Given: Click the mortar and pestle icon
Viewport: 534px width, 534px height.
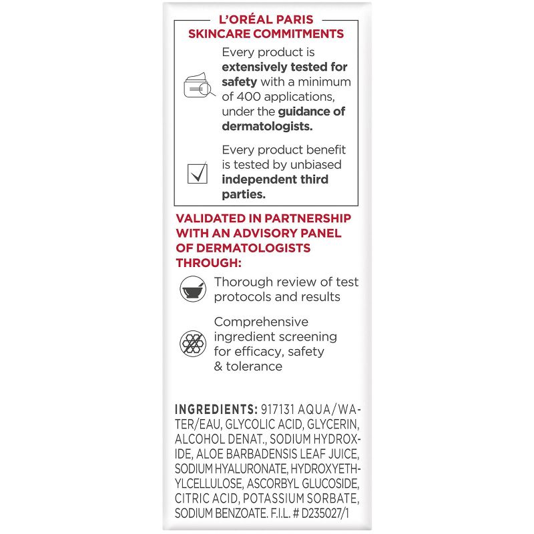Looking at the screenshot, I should [x=194, y=289].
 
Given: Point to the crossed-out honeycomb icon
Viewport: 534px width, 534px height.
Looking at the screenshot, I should [x=194, y=344].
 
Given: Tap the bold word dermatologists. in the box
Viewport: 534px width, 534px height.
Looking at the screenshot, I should [x=267, y=125].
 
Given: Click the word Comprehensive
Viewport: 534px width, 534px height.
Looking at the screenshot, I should [x=262, y=322].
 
